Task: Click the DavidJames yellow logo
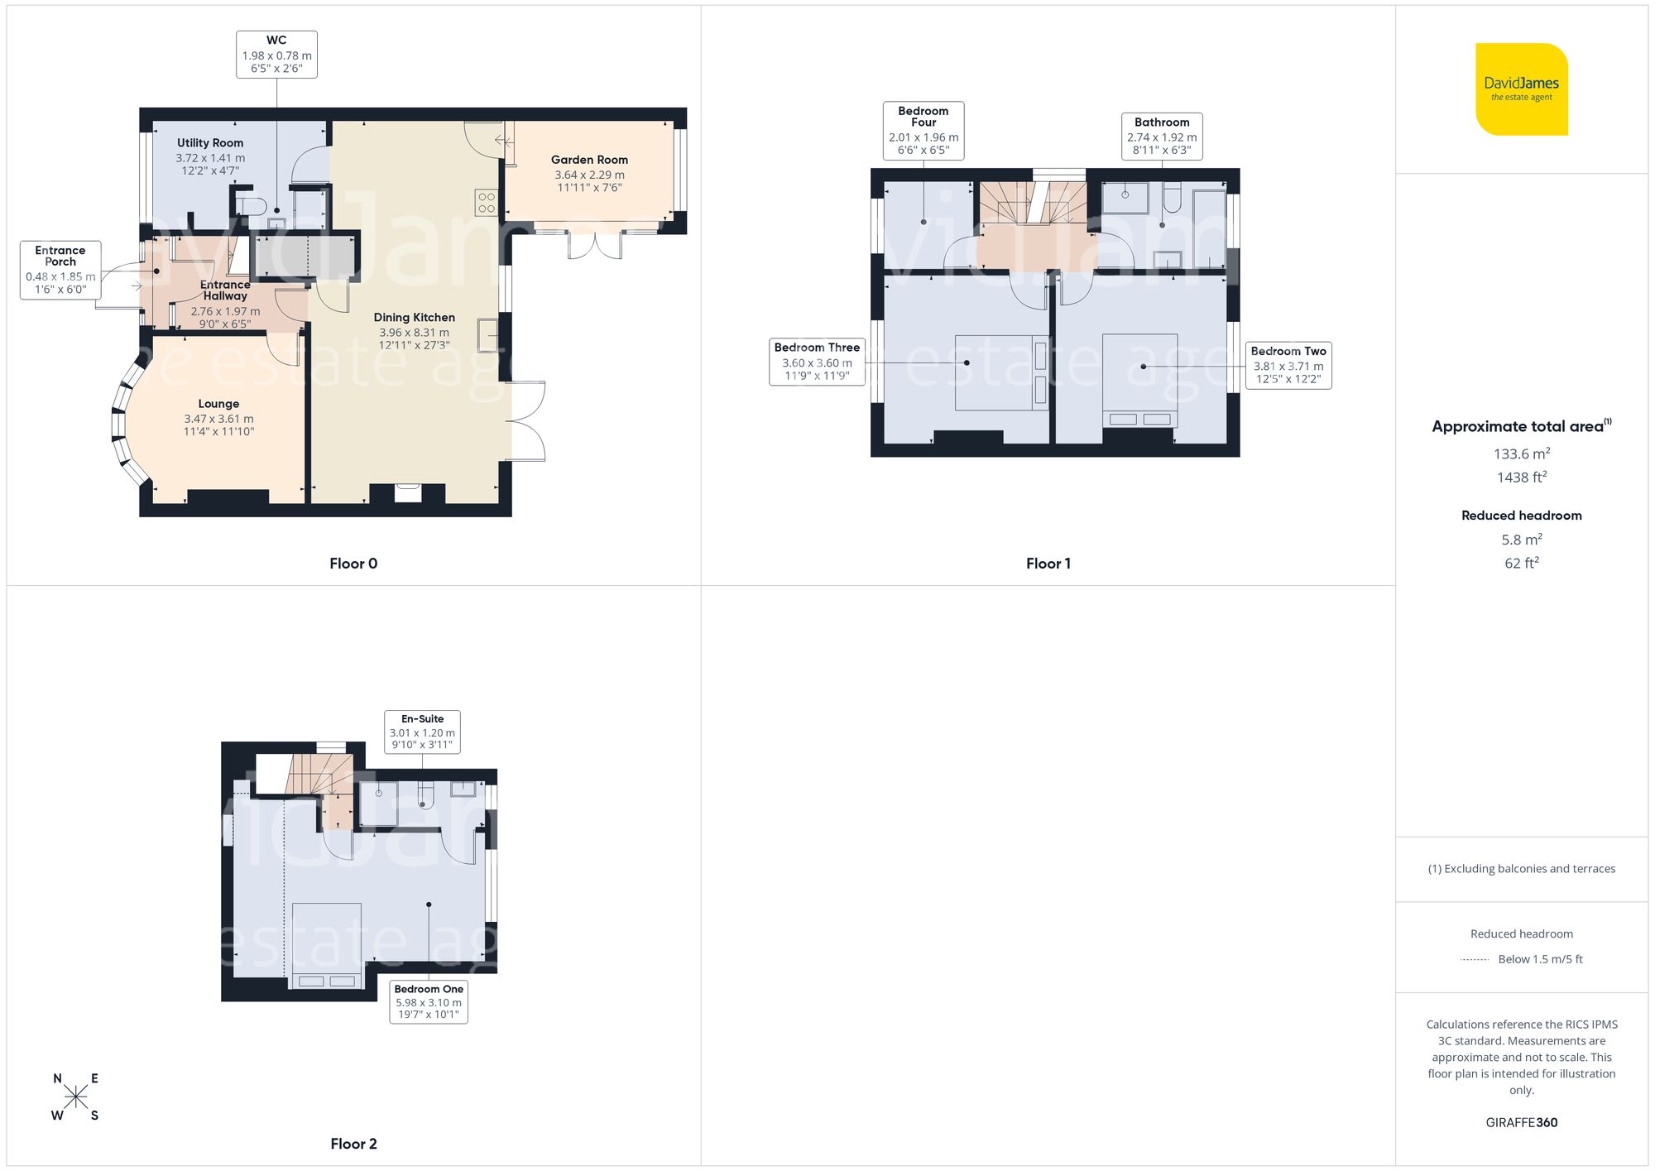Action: (x=1521, y=89)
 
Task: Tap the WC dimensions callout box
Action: (x=276, y=55)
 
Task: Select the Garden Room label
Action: (x=589, y=160)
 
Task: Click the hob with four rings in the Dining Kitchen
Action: (x=487, y=203)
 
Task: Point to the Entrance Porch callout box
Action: (x=60, y=270)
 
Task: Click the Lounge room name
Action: (x=218, y=404)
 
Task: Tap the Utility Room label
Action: (x=210, y=143)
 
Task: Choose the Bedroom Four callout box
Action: (x=923, y=130)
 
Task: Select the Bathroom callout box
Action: (x=1162, y=136)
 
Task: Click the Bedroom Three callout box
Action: (x=817, y=362)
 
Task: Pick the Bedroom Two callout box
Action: (x=1288, y=365)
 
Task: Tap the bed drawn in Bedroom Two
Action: (x=1140, y=381)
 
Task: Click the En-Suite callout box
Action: (x=422, y=732)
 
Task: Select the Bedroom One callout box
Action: (x=429, y=1001)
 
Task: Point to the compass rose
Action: (x=75, y=1097)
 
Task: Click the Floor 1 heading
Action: (x=1048, y=564)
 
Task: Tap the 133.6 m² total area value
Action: (x=1521, y=454)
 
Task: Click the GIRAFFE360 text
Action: (x=1521, y=1123)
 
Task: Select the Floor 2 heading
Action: (x=353, y=1144)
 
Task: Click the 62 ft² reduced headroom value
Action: (x=1521, y=563)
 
